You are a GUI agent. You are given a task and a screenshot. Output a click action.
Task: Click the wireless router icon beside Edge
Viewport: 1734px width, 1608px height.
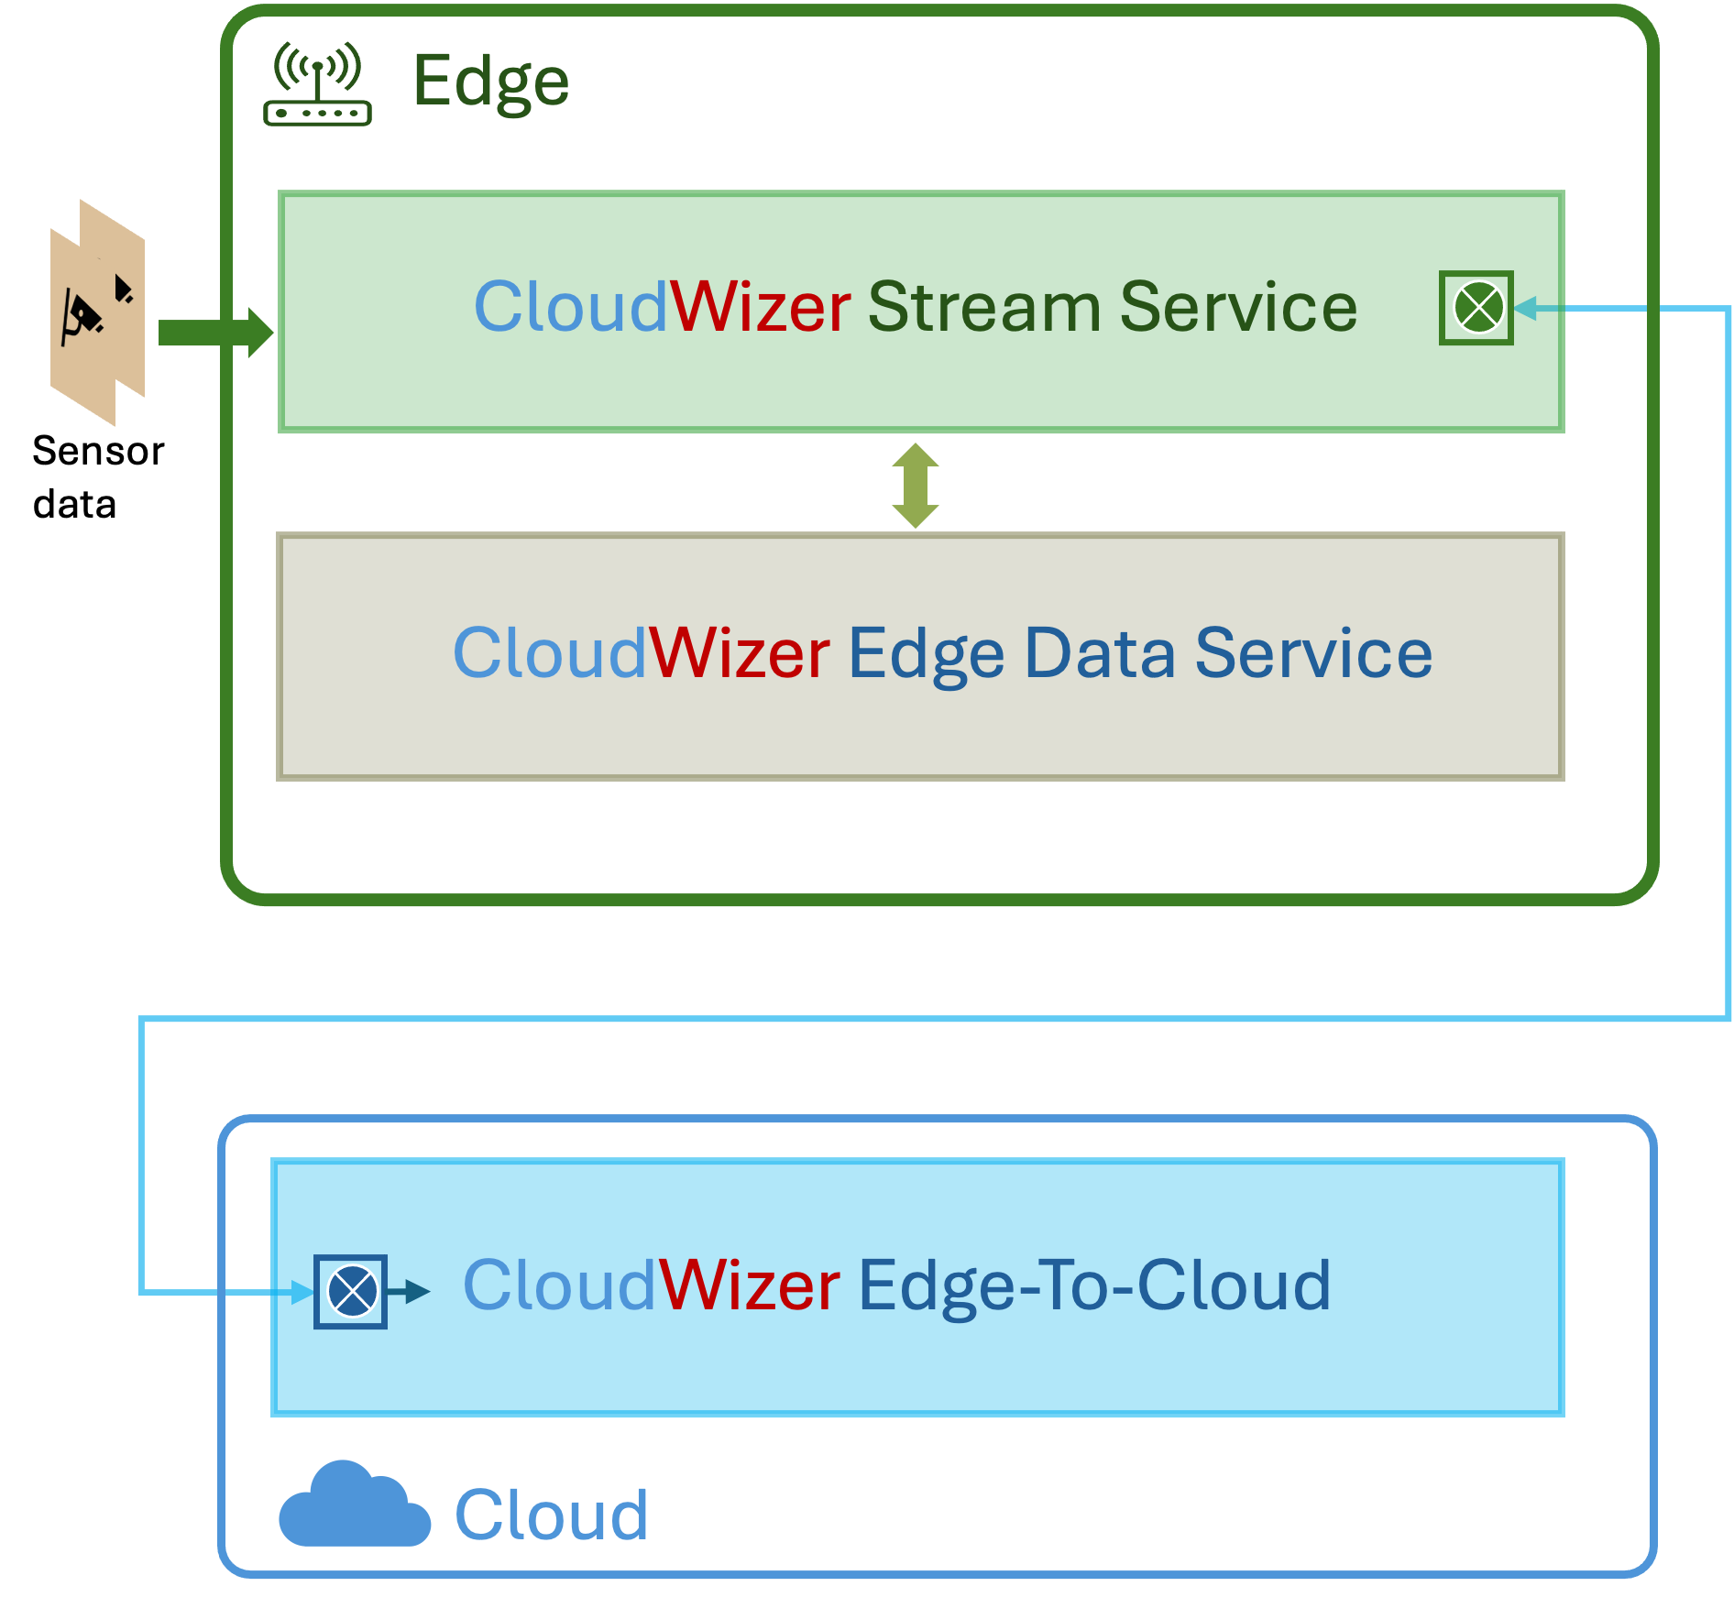317,83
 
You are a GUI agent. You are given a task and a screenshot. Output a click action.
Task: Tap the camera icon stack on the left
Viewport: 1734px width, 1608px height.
97,312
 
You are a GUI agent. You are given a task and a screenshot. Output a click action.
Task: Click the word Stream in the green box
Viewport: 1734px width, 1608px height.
983,307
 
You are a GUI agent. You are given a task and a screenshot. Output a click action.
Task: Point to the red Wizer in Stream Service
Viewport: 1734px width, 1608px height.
761,307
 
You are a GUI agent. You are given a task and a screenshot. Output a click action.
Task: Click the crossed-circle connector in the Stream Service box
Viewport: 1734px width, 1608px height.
1477,308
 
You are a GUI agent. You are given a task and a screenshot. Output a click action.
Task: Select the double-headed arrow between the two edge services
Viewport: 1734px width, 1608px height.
916,486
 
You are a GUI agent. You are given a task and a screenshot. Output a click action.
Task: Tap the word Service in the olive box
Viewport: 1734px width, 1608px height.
1313,653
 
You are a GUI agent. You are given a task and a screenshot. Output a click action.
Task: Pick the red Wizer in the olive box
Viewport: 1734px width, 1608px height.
740,653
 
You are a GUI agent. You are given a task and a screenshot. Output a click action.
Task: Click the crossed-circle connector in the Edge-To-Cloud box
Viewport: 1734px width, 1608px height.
351,1291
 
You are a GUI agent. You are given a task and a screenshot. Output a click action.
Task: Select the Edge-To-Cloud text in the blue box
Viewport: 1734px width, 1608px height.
1094,1285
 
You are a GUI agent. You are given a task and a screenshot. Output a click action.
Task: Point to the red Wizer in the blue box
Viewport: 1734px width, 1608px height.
749,1285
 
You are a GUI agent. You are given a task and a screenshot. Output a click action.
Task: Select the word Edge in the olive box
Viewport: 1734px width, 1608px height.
926,655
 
